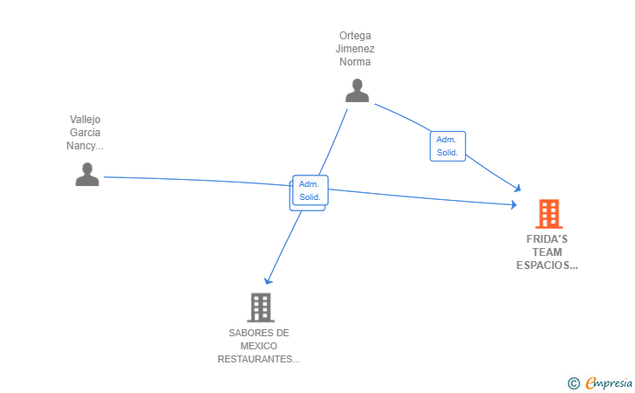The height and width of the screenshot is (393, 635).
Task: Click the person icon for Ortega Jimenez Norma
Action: [357, 91]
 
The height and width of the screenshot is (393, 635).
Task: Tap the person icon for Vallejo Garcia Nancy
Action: [87, 175]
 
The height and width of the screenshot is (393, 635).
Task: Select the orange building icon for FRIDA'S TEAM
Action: [549, 214]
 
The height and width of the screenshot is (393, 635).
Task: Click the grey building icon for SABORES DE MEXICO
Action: [261, 307]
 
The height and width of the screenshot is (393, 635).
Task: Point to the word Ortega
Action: [355, 36]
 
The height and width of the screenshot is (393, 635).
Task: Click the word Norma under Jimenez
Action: [355, 62]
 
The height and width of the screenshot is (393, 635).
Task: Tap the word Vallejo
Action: [85, 120]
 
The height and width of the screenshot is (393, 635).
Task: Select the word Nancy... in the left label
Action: [85, 146]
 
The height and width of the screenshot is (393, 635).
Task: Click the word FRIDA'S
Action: [547, 239]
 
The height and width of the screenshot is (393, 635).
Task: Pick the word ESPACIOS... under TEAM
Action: [547, 265]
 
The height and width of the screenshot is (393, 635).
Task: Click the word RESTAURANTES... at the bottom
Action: [259, 359]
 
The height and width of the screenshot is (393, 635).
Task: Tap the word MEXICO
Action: [259, 346]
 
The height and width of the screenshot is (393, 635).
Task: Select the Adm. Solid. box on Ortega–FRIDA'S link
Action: [447, 146]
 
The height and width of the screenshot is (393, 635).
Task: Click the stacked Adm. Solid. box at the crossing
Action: [309, 192]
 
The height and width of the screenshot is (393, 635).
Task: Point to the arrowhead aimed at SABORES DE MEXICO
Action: [268, 280]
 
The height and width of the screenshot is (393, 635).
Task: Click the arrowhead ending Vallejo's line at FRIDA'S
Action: [514, 204]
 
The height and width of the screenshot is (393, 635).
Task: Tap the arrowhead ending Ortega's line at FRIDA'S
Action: [516, 188]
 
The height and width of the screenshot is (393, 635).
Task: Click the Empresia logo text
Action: [609, 383]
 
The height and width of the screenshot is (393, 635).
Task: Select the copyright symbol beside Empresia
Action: [574, 383]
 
